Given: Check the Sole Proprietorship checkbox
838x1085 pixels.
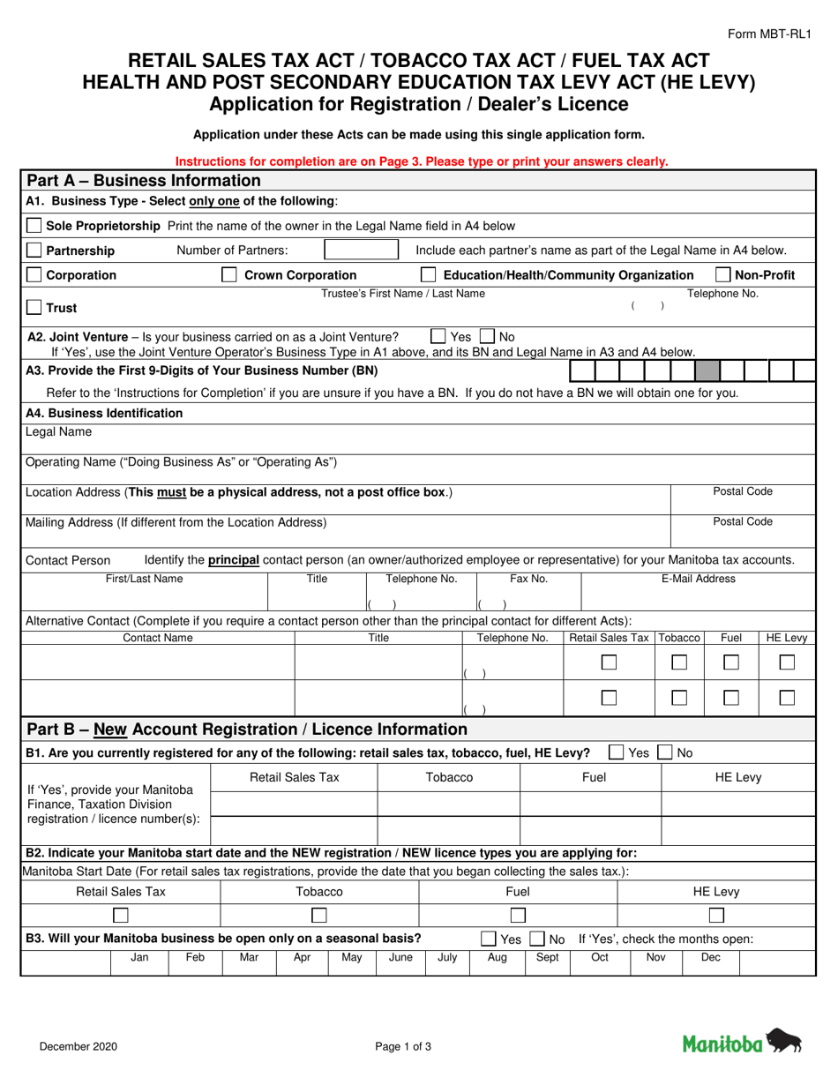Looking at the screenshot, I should pyautogui.click(x=34, y=226).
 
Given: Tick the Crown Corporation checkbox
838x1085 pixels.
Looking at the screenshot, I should pyautogui.click(x=229, y=275).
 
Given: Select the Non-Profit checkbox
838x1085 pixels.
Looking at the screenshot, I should pyautogui.click(x=722, y=275).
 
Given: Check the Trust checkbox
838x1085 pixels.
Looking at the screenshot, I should pyautogui.click(x=34, y=308).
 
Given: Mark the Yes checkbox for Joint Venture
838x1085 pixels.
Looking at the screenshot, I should pyautogui.click(x=438, y=336).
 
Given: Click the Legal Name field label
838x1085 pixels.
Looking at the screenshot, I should pyautogui.click(x=58, y=432).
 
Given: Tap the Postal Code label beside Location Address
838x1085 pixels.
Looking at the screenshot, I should pyautogui.click(x=742, y=491).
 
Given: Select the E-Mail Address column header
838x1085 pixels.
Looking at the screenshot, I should pyautogui.click(x=698, y=579).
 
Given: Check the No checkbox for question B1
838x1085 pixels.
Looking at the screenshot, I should pyautogui.click(x=666, y=752).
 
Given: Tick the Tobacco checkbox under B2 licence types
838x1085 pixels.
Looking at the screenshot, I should pyautogui.click(x=319, y=916).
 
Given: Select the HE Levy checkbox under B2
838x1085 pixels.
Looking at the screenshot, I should pyautogui.click(x=716, y=916).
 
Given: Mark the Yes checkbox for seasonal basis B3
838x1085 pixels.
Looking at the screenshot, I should pyautogui.click(x=488, y=939).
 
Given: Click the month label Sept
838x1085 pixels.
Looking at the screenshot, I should pyautogui.click(x=547, y=957).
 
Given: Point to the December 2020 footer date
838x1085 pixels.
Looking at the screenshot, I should pyautogui.click(x=78, y=1047).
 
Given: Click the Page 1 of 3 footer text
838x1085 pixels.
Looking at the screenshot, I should pyautogui.click(x=403, y=1047).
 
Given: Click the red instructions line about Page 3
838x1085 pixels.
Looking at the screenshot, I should pyautogui.click(x=422, y=161).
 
